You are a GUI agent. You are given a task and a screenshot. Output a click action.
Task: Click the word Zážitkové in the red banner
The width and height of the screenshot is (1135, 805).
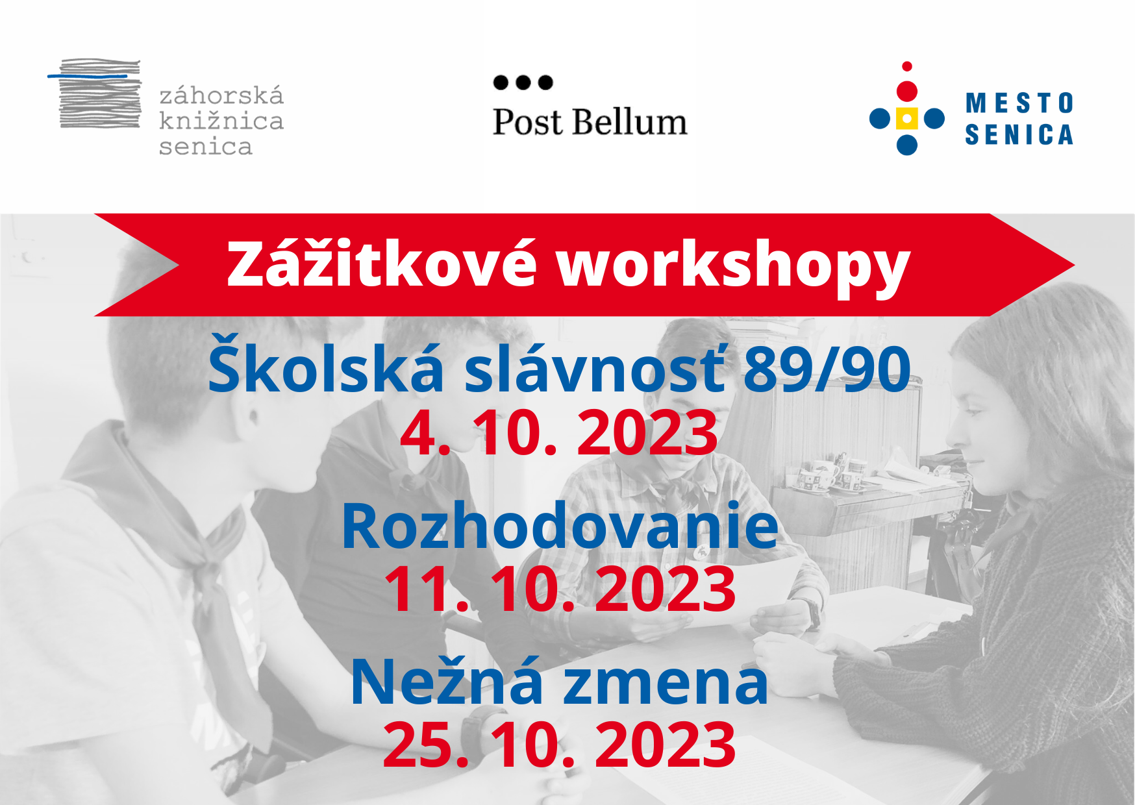click(382, 264)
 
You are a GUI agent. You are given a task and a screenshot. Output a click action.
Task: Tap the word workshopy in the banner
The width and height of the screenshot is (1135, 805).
click(733, 266)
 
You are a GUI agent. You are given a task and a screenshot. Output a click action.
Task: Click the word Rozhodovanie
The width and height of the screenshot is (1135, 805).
click(560, 525)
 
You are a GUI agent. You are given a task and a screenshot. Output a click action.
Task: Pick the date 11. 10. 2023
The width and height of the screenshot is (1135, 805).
click(560, 588)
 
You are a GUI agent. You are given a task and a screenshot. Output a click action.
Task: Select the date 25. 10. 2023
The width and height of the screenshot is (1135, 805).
click(560, 744)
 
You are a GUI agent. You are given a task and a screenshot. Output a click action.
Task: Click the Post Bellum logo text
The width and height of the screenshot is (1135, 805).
click(590, 121)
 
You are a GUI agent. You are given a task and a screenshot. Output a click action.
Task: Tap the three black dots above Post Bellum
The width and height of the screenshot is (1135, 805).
click(523, 82)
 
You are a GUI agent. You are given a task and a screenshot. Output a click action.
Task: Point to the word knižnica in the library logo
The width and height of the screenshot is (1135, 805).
click(221, 121)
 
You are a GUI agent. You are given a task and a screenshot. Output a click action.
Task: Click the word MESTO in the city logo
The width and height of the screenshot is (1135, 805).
click(1019, 103)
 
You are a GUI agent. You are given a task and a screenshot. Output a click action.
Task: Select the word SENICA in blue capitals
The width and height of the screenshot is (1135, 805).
click(1019, 134)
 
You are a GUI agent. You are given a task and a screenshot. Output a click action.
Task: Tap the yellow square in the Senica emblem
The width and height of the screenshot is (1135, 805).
click(906, 119)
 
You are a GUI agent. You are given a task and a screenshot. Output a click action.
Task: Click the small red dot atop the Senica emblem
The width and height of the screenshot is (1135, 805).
click(907, 66)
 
